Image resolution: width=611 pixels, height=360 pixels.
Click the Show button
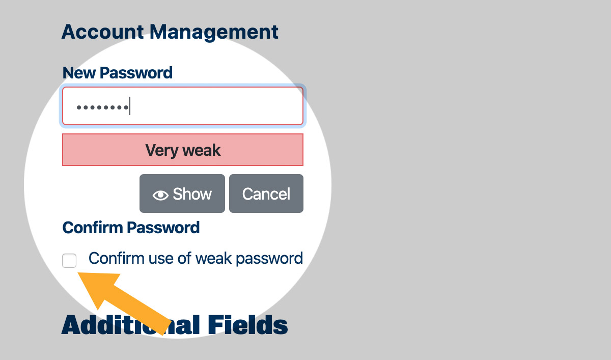coord(182,193)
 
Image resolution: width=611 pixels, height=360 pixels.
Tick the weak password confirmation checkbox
coord(69,261)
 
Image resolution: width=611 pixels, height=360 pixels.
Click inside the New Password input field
coord(214,106)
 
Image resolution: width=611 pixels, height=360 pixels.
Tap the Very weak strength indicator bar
coord(182,150)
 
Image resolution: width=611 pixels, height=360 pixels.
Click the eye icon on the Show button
coord(160,195)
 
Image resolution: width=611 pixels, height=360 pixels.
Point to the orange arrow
coord(125,301)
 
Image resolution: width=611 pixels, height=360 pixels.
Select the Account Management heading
coord(170,32)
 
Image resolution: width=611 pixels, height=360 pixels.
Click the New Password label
coord(117,73)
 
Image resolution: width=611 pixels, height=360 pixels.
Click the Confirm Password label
coord(131,228)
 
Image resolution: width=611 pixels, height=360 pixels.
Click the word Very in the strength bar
coord(161,150)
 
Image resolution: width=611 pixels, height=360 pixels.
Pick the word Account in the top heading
coord(102,32)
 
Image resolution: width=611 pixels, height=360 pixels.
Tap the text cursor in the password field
coord(130,106)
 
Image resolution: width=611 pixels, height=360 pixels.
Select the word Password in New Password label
coord(136,73)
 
